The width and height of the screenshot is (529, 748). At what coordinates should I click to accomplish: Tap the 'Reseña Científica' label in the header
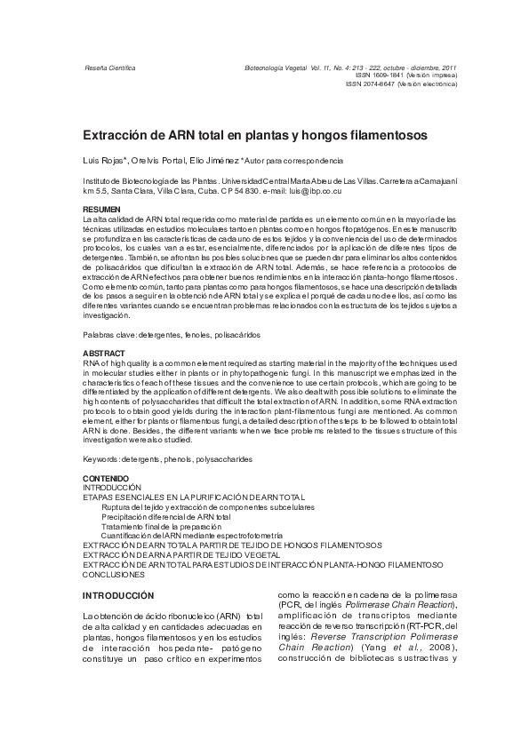(x=108, y=68)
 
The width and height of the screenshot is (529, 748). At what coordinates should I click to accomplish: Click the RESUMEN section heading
(x=100, y=209)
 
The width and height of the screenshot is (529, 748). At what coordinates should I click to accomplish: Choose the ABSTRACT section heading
(x=100, y=354)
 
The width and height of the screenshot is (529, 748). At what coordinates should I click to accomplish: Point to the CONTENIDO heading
(x=104, y=479)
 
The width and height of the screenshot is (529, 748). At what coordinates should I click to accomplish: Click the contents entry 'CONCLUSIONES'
(x=115, y=574)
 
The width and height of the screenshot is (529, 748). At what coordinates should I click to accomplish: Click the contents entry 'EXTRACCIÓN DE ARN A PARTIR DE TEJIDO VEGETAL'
(x=193, y=554)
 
